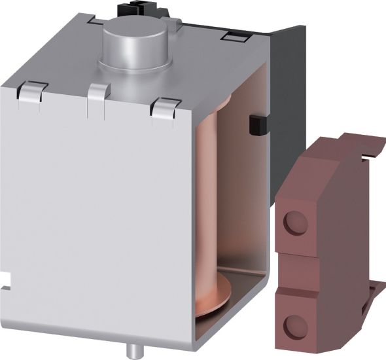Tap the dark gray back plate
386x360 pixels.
click(288, 85)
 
